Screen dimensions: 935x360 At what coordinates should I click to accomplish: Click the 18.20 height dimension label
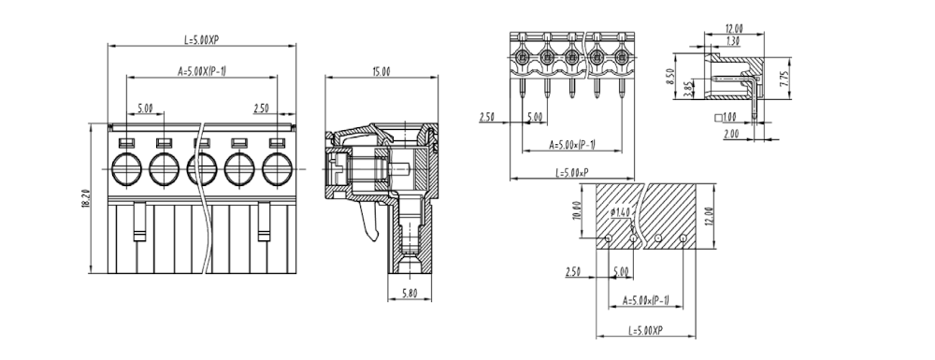86,198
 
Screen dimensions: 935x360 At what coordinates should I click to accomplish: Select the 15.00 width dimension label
381,71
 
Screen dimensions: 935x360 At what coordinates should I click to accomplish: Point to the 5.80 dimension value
410,293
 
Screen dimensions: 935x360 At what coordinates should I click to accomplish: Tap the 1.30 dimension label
734,40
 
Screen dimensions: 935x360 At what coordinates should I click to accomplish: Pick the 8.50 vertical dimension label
669,77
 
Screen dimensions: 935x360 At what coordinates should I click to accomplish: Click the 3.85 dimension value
686,89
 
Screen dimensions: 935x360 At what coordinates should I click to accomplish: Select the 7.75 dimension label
784,79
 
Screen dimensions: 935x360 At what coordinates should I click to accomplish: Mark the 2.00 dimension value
731,134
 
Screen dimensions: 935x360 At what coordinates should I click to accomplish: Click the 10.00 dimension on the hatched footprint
577,210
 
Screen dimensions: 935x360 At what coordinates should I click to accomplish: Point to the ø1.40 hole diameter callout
620,212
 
